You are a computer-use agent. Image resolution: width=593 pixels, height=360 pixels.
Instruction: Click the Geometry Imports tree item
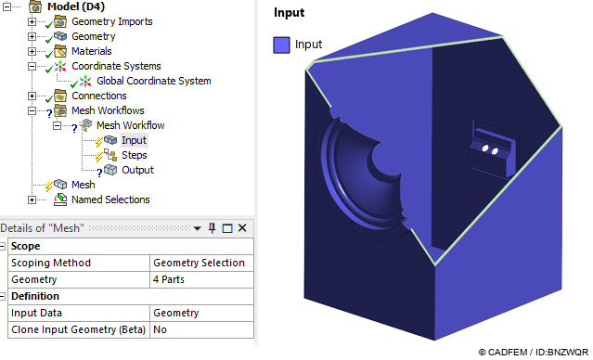pyautogui.click(x=111, y=21)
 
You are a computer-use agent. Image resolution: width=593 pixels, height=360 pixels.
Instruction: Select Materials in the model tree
pyautogui.click(x=91, y=51)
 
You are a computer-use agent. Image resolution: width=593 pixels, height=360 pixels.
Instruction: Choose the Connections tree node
pyautogui.click(x=98, y=96)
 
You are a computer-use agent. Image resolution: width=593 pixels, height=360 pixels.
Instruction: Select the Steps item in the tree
pyautogui.click(x=134, y=155)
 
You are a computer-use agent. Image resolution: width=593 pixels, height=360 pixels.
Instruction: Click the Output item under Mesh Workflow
pyautogui.click(x=137, y=170)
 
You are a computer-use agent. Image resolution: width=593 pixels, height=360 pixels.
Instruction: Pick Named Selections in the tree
pyautogui.click(x=110, y=199)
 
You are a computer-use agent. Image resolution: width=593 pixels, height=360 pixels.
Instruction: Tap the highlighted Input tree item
pyautogui.click(x=134, y=140)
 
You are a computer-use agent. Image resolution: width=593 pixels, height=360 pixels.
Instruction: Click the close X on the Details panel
pyautogui.click(x=242, y=228)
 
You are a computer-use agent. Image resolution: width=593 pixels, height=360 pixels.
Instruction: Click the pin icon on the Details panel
pyautogui.click(x=212, y=228)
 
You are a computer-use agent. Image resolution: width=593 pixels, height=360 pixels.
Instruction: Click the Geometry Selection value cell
pyautogui.click(x=199, y=263)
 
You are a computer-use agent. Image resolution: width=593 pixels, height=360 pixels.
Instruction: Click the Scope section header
pyautogui.click(x=25, y=246)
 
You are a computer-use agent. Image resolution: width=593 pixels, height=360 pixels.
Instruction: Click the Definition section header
pyautogui.click(x=34, y=296)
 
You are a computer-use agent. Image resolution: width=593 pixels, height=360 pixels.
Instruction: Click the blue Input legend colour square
pyautogui.click(x=281, y=45)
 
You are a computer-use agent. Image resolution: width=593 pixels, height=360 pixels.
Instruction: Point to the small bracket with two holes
pyautogui.click(x=489, y=148)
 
